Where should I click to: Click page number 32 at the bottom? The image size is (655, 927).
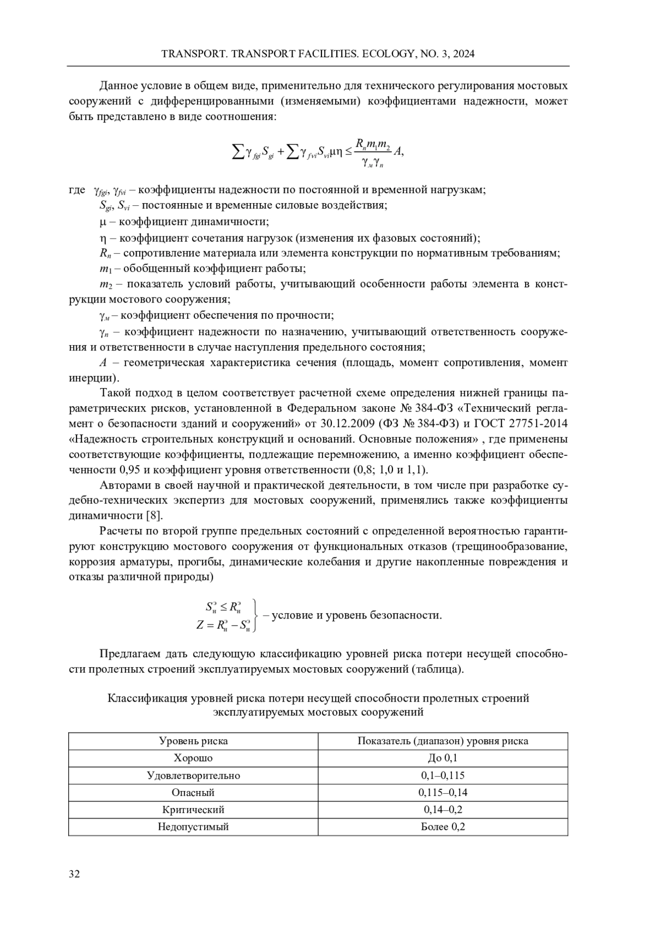point(74,874)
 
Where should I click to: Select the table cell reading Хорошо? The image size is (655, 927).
point(193,758)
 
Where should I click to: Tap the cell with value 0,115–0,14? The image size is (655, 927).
point(443,792)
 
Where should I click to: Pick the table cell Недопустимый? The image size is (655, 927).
point(193,827)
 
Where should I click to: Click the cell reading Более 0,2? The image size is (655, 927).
point(443,827)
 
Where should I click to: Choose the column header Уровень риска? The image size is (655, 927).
point(193,741)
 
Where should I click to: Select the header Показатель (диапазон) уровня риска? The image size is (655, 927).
point(443,741)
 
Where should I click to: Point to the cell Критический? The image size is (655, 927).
point(193,810)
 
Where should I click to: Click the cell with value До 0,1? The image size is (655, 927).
point(443,758)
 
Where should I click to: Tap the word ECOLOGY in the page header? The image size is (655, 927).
point(390,54)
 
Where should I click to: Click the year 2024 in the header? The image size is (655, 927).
point(463,54)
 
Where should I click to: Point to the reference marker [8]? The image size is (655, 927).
point(154,516)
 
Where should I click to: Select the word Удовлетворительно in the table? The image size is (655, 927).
point(193,775)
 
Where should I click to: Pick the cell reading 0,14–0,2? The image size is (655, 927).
point(443,810)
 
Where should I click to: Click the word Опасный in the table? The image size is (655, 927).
point(193,792)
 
